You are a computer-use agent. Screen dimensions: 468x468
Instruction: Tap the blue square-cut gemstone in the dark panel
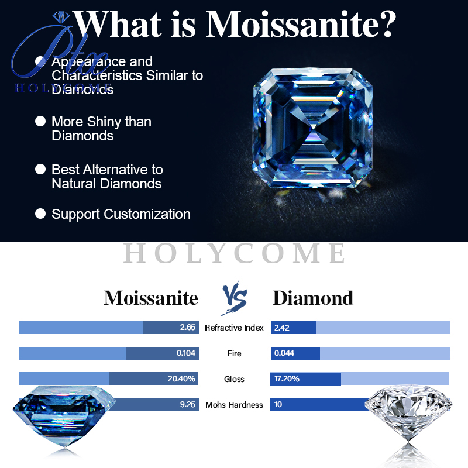[312, 130]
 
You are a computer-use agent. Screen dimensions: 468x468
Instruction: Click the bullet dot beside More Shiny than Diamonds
[40, 121]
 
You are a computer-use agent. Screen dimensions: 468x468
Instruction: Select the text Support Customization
[121, 214]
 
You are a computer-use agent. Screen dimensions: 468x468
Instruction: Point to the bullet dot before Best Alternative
[40, 169]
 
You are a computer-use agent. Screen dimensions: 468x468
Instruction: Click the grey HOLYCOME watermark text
[235, 253]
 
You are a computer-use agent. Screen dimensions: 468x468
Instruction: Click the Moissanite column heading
[151, 298]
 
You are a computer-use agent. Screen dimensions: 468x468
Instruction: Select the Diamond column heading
[313, 298]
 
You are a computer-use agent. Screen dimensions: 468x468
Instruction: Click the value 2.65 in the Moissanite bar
[187, 328]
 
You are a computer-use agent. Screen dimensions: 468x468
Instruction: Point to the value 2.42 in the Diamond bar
[282, 328]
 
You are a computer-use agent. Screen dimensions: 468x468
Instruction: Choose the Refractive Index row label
[234, 328]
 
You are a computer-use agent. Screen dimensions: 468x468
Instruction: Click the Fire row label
[234, 353]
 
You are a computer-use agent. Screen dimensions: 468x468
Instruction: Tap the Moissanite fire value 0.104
[186, 353]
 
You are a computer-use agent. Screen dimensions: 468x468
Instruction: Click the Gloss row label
[234, 379]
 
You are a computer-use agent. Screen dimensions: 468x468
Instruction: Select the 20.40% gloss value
[181, 379]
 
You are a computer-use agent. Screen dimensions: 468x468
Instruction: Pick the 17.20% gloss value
[287, 379]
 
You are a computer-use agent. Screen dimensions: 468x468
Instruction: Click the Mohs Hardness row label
[234, 405]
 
